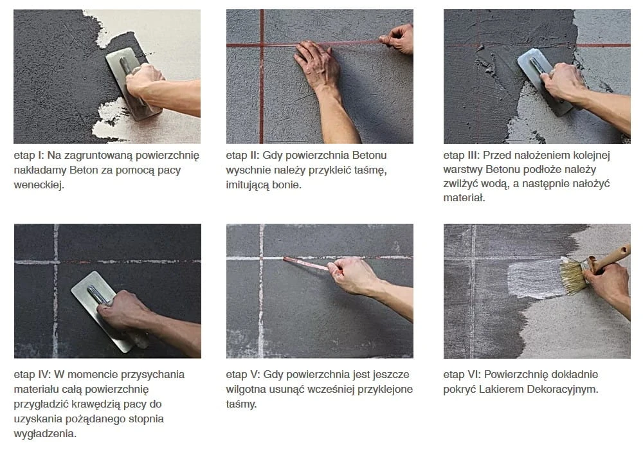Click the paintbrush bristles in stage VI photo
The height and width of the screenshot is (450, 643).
pos(574,276)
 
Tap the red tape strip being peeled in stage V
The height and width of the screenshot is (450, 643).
pos(306,264)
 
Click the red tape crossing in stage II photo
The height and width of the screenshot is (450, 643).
pos(262,44)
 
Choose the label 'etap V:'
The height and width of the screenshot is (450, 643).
pos(243,375)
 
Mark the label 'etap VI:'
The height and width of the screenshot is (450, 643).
pos(462,375)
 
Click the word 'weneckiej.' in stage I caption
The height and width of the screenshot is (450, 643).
pos(39,185)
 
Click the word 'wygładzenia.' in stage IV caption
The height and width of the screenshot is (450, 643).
pos(45,433)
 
